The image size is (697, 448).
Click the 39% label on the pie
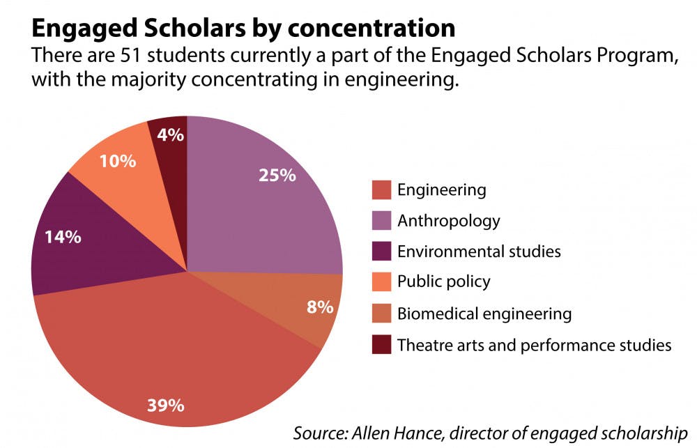(x=166, y=404)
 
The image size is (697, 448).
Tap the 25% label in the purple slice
(x=277, y=175)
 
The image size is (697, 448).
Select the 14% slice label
(x=63, y=236)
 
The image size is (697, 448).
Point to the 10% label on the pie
(x=117, y=162)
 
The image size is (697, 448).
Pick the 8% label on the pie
(x=321, y=306)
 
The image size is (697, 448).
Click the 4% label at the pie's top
(x=170, y=134)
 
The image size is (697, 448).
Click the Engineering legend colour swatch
(x=381, y=190)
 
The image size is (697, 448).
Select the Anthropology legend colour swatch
(x=381, y=221)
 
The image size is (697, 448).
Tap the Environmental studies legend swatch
(x=381, y=252)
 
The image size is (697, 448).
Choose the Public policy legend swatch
(x=381, y=282)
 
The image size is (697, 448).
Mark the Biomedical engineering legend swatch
(x=381, y=314)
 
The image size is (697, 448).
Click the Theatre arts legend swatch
(x=381, y=344)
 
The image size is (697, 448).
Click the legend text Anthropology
(x=449, y=221)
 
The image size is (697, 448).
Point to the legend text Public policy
(x=444, y=282)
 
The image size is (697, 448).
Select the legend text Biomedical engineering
(x=484, y=314)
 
